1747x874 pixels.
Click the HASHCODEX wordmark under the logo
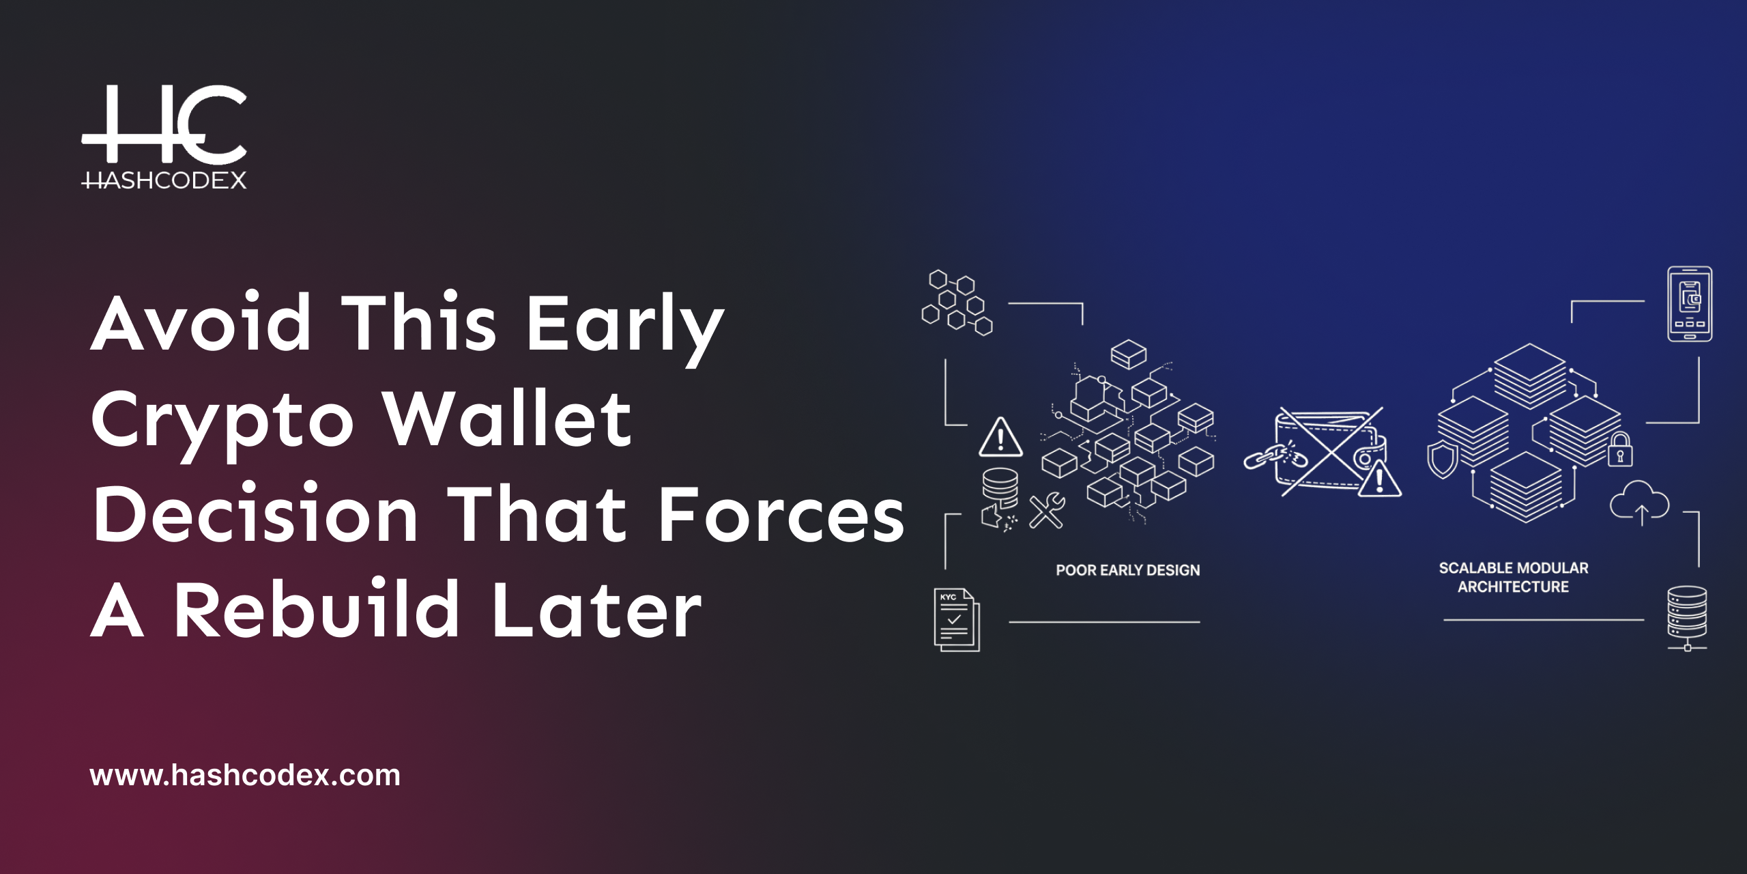(x=164, y=180)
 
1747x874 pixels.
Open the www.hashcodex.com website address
(x=245, y=776)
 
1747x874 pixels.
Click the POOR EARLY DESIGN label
(x=1127, y=570)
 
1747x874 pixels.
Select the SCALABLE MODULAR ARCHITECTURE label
(x=1513, y=578)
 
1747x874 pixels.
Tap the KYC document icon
(x=956, y=619)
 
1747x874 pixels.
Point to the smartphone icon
(x=1689, y=304)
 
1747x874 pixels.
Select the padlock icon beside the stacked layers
(x=1620, y=450)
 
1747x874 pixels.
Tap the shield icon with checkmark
(x=1442, y=460)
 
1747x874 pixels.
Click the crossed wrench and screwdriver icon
(x=1047, y=510)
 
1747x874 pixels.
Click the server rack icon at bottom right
(x=1687, y=617)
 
